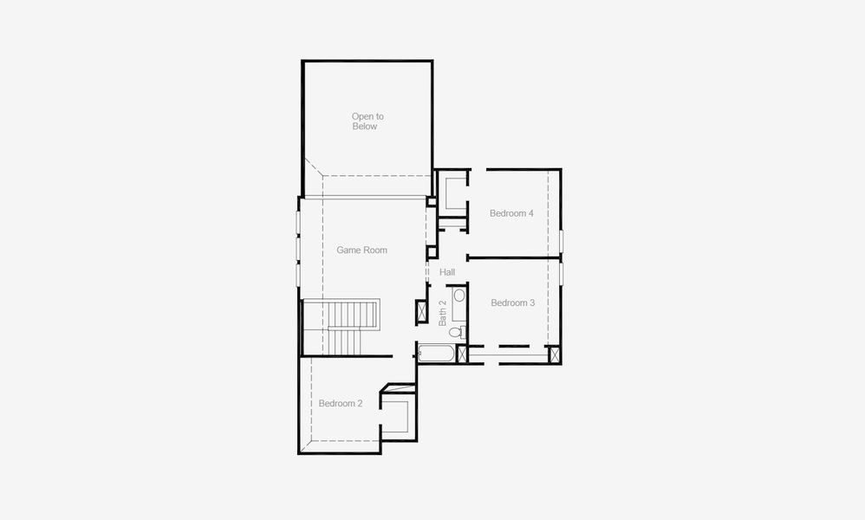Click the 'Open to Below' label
tap(367, 121)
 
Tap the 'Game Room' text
tap(361, 250)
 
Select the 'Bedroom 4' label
tap(511, 213)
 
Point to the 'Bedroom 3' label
tap(512, 302)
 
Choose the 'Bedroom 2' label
tap(340, 403)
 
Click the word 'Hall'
tap(447, 272)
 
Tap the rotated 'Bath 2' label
tap(442, 312)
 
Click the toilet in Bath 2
tap(456, 330)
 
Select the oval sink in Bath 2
tap(459, 296)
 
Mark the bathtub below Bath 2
tap(436, 354)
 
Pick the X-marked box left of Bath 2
tap(421, 311)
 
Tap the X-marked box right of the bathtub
tap(462, 354)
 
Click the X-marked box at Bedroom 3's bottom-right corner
tap(554, 354)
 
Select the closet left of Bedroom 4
tap(451, 192)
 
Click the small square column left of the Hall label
tap(432, 252)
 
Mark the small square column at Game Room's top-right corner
tap(431, 202)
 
